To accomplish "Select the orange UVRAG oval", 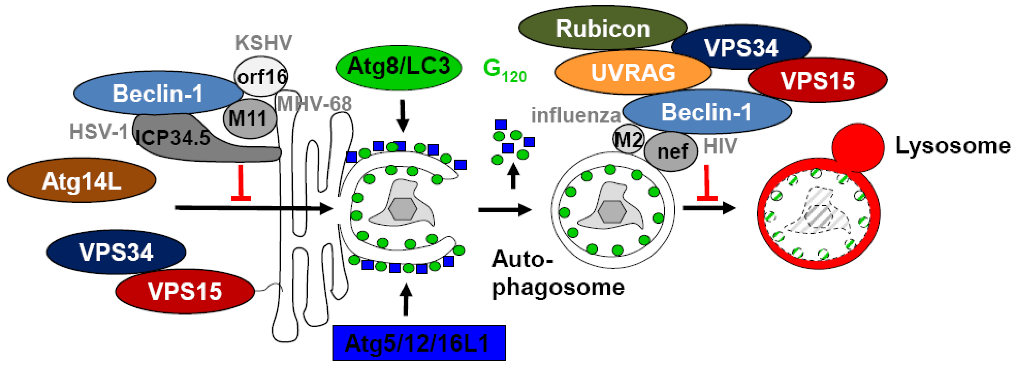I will point(633,73).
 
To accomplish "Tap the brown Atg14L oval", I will point(82,181).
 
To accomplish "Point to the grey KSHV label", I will point(264,43).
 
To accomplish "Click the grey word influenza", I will point(575,116).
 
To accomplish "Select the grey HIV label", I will point(720,146).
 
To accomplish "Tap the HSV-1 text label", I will point(98,131).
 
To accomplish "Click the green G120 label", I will point(504,70).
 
